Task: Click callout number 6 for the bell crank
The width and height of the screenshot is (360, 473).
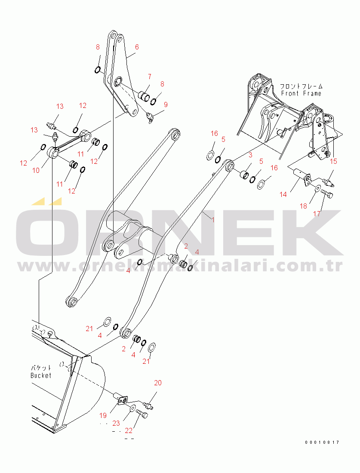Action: (137, 47)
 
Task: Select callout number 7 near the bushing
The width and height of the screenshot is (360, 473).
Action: (149, 77)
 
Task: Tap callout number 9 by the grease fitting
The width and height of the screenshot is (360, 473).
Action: (166, 104)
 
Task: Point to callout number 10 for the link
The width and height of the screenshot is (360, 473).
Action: (36, 170)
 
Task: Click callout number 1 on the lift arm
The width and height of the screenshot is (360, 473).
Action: (213, 220)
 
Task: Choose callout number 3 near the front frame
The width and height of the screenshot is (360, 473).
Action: (250, 155)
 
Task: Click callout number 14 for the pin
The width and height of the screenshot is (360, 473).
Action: (283, 194)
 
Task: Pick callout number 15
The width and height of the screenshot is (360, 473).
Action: (333, 161)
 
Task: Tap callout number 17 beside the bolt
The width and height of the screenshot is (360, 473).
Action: (317, 214)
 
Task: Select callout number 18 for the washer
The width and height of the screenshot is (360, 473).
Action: (303, 206)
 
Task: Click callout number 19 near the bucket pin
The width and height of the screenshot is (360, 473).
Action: (103, 415)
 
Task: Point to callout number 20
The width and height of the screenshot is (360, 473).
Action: (158, 383)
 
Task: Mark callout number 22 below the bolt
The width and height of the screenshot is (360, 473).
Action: (129, 431)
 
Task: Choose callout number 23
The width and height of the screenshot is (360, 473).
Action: (116, 424)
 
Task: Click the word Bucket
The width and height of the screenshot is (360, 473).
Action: (41, 375)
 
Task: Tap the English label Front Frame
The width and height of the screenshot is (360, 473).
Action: (301, 93)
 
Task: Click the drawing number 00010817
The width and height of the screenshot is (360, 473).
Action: (322, 442)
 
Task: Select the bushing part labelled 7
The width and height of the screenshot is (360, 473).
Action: (144, 96)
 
